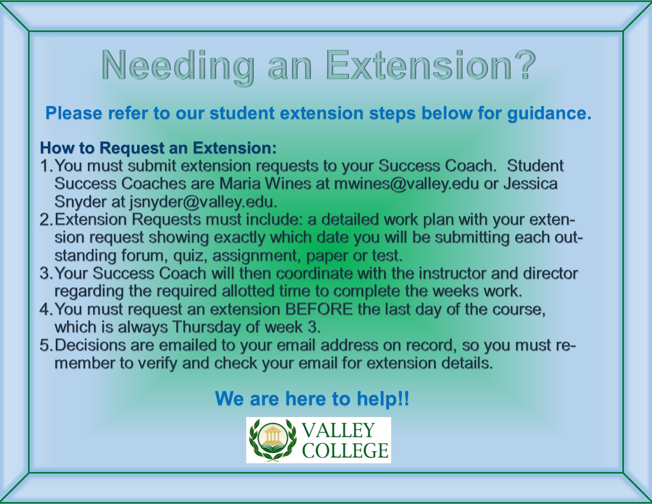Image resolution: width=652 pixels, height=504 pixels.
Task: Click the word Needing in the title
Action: (178, 67)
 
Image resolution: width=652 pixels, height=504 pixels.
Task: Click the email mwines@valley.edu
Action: (406, 184)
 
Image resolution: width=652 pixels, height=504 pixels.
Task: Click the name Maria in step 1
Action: (240, 184)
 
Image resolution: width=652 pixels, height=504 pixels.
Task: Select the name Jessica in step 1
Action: (530, 184)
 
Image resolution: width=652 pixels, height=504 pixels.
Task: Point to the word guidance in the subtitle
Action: (549, 113)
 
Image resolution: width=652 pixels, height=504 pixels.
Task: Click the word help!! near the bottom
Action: (383, 398)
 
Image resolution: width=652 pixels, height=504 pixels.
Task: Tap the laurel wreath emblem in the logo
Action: (273, 440)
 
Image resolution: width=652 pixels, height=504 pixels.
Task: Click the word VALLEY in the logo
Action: (338, 430)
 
